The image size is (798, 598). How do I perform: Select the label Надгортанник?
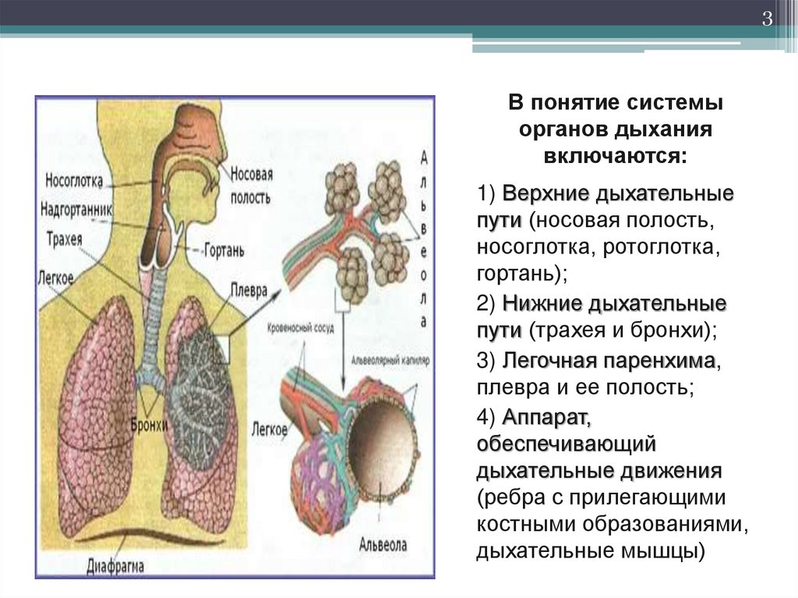pyautogui.click(x=78, y=210)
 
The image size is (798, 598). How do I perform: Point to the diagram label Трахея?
pyautogui.click(x=64, y=239)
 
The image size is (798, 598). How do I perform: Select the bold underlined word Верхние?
pyautogui.click(x=542, y=193)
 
